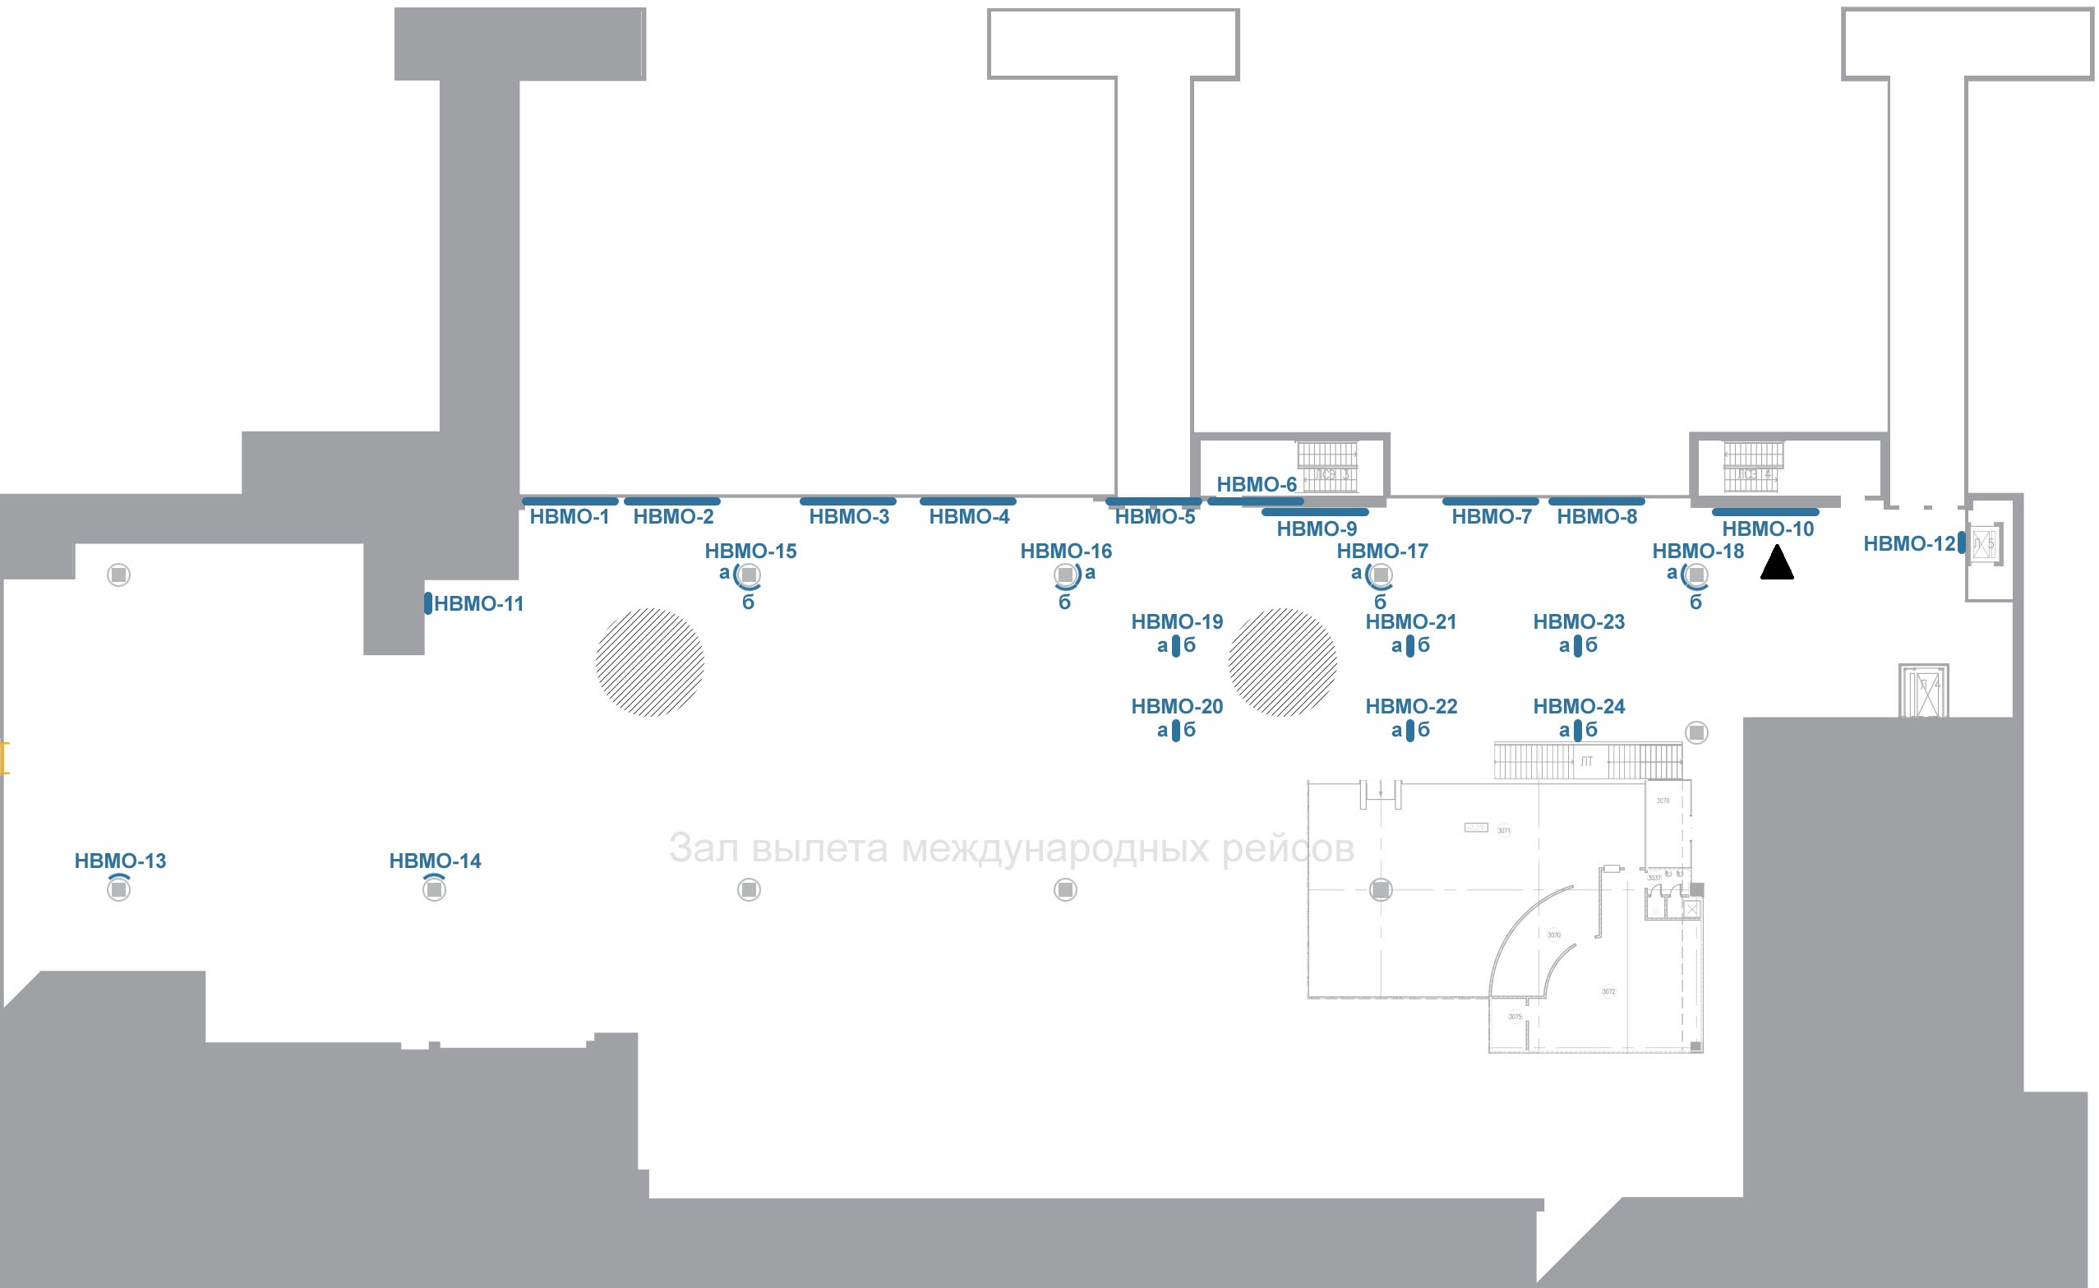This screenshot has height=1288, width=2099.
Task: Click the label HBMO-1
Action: coord(569,517)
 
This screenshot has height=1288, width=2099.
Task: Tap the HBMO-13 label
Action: coord(120,861)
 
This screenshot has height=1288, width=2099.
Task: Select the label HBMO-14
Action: coord(435,861)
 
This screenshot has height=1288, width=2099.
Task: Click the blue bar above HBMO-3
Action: coord(847,501)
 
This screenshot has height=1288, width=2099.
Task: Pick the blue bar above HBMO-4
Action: coord(967,501)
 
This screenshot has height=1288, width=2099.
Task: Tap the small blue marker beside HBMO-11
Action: coord(427,604)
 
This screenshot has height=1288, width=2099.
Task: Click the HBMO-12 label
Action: coord(1908,543)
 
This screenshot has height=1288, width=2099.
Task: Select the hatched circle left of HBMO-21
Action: coord(1282,662)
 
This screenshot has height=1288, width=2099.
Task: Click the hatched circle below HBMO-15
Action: coord(650,662)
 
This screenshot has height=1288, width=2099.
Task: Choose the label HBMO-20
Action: coord(1176,706)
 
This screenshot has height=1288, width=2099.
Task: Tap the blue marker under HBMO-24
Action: coord(1579,730)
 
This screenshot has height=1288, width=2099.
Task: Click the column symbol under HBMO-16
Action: coord(1065,575)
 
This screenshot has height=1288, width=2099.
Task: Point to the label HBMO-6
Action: coord(1257,485)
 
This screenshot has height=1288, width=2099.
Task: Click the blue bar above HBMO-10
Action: coord(1765,513)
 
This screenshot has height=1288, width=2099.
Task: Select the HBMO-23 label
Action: coord(1579,622)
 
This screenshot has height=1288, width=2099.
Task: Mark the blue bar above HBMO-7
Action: coord(1490,501)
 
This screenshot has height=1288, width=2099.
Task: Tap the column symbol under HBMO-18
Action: coord(1696,575)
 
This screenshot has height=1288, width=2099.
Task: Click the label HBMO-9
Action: coord(1316,529)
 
